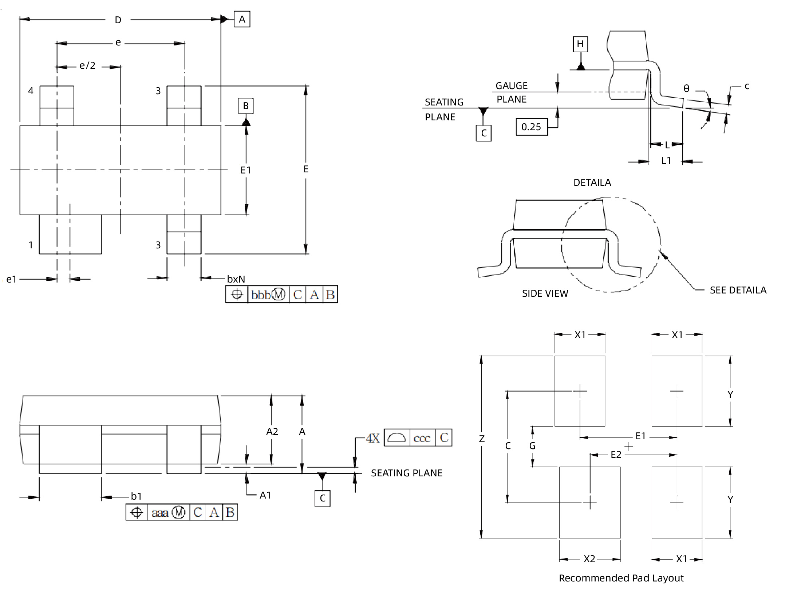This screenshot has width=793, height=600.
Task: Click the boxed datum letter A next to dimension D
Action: coord(242,19)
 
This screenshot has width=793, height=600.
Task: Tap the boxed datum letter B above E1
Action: coord(246,106)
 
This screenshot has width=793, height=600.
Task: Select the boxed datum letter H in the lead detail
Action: coord(580,44)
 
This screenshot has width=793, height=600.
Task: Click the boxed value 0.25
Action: coord(531,127)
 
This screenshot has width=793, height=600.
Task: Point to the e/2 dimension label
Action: coord(87,65)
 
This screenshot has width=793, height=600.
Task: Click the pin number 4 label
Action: coord(31,91)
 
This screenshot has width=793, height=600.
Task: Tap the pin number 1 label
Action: coord(31,245)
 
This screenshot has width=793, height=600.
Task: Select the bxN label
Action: coord(236,279)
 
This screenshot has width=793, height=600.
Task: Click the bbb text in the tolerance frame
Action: coord(261,295)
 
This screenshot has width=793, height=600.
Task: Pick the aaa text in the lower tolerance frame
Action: coord(160,513)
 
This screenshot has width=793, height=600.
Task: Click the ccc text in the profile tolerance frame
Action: coord(422,438)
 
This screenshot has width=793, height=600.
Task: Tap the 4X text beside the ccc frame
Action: coord(373,438)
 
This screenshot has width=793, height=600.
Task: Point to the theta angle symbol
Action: coord(686,89)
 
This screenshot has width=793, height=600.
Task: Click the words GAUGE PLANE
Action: coord(512,92)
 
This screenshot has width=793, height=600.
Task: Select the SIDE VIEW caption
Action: coord(545,293)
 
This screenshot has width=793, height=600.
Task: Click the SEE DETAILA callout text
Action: coord(738,290)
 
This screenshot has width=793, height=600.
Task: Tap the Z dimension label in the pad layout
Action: coord(482,439)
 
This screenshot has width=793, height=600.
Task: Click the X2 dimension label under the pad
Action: coord(589,559)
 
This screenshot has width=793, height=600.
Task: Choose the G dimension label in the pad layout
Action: coord(532,446)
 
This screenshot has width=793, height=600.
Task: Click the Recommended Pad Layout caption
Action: coord(621,578)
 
